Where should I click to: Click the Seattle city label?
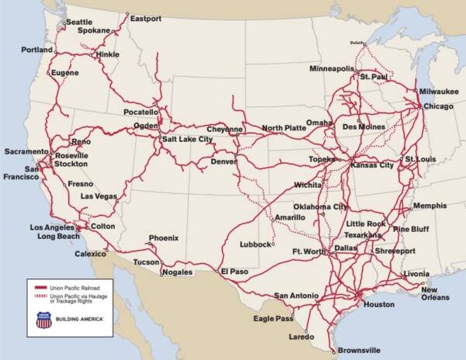pyautogui.click(x=79, y=22)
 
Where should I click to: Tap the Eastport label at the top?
pyautogui.click(x=145, y=18)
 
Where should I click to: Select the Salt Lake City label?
pyautogui.click(x=186, y=139)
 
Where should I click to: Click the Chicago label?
pyautogui.click(x=439, y=106)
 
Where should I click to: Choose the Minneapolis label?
pyautogui.click(x=332, y=68)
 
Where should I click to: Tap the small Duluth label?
pyautogui.click(x=357, y=42)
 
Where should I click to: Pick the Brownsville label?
pyautogui.click(x=360, y=351)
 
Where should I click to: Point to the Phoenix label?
pyautogui.click(x=164, y=237)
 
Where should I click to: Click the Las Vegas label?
pyautogui.click(x=99, y=197)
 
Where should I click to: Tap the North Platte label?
pyautogui.click(x=283, y=128)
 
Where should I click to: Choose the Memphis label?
pyautogui.click(x=429, y=206)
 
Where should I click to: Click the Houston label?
pyautogui.click(x=379, y=303)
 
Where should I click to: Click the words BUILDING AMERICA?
pyautogui.click(x=81, y=320)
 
